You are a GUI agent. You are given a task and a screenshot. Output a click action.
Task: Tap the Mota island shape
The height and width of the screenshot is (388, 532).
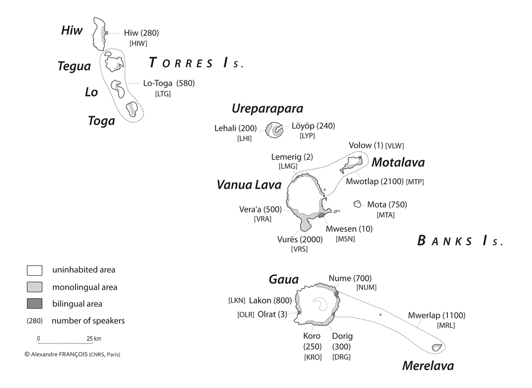(x=357, y=204)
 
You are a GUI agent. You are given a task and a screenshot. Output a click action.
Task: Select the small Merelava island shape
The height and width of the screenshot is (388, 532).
(x=435, y=347)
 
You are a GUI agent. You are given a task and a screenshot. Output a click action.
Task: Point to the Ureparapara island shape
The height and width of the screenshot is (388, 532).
(x=274, y=130)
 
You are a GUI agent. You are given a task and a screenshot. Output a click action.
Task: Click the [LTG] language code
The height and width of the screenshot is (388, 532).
(x=163, y=94)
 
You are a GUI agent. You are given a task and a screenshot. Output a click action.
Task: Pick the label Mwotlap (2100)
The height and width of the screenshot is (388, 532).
(x=375, y=181)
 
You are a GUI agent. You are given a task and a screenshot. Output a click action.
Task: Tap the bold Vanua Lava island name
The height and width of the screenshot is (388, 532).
(x=249, y=185)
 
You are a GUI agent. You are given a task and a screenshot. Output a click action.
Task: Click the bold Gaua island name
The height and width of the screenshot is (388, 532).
(x=283, y=279)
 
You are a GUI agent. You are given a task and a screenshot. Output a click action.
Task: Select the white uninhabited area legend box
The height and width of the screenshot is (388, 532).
(x=35, y=270)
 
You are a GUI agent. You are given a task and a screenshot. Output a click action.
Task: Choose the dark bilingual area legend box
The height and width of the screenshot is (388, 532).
(x=35, y=304)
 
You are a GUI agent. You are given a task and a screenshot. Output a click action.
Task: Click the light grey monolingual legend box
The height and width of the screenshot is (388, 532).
(x=35, y=287)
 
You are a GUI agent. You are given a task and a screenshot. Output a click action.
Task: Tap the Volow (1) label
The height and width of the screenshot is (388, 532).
(x=366, y=145)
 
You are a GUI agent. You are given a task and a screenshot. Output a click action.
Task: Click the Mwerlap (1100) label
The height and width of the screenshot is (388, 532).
(x=437, y=316)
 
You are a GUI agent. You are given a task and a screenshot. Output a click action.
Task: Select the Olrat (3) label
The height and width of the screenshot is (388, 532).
(x=276, y=314)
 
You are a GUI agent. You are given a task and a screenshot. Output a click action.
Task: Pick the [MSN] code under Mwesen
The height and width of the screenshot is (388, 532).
(x=345, y=239)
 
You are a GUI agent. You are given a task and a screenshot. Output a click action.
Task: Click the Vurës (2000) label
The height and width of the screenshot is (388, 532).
(x=299, y=239)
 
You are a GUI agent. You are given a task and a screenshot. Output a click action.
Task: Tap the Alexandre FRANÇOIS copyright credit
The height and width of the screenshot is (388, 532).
(x=72, y=354)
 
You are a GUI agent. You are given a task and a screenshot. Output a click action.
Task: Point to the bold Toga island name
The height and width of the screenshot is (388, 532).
(x=101, y=121)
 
